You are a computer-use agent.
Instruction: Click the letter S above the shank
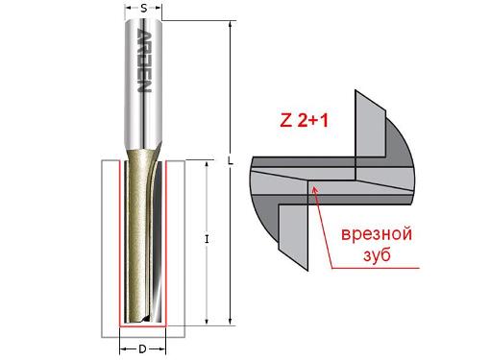143,9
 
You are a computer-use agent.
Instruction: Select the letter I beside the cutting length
207,239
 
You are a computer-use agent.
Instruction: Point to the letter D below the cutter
142,348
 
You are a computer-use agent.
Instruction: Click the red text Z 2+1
302,122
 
